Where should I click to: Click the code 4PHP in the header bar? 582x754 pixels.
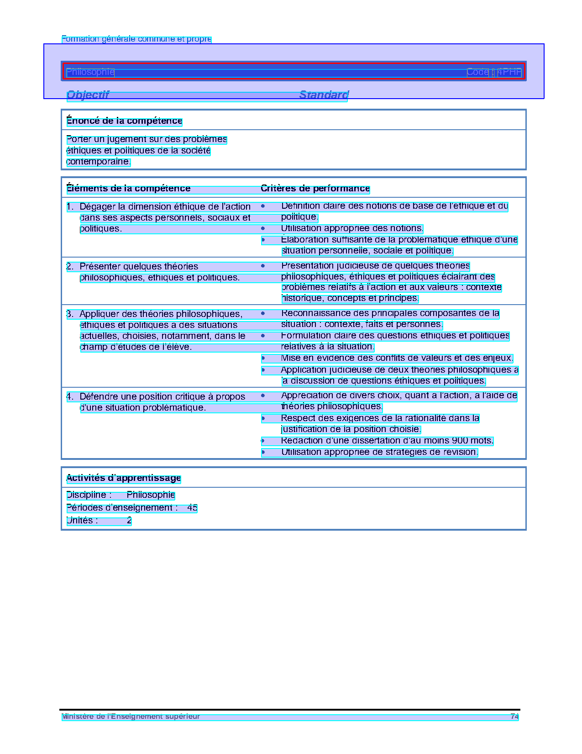click(x=509, y=72)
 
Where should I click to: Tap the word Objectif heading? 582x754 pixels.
click(x=88, y=95)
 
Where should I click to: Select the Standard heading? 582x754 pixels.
click(x=324, y=95)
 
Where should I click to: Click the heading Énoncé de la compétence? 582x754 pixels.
click(x=124, y=121)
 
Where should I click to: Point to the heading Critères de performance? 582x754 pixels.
click(x=315, y=189)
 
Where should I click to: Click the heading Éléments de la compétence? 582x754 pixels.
click(x=128, y=189)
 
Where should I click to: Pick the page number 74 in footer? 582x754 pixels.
click(x=514, y=717)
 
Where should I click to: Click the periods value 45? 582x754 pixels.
click(x=192, y=508)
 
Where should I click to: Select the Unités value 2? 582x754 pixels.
click(x=129, y=521)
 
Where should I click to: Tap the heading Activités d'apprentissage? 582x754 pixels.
click(x=124, y=478)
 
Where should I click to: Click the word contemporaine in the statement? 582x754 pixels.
click(x=98, y=162)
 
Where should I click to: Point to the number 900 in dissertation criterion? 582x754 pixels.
click(x=459, y=441)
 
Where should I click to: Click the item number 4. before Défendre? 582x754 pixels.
click(x=69, y=396)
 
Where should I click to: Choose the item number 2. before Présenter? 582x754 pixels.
click(x=69, y=266)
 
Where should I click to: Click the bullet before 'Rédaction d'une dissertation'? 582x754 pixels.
click(x=263, y=441)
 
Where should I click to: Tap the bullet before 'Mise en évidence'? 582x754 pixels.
click(x=263, y=358)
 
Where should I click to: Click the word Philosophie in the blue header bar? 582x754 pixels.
click(x=90, y=72)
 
